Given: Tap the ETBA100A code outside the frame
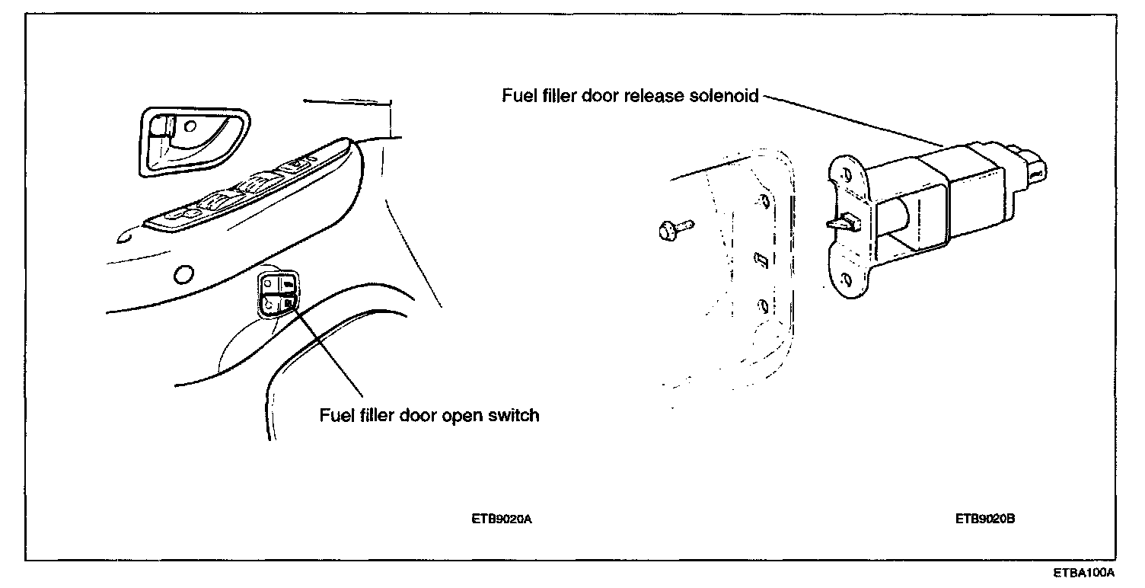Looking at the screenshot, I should click(x=1084, y=572).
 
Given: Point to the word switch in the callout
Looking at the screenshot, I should click(x=514, y=416).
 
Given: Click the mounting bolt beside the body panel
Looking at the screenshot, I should click(x=673, y=227).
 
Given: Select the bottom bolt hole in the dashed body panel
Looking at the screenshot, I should click(x=761, y=308).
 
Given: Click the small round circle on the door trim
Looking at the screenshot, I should click(x=183, y=273).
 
